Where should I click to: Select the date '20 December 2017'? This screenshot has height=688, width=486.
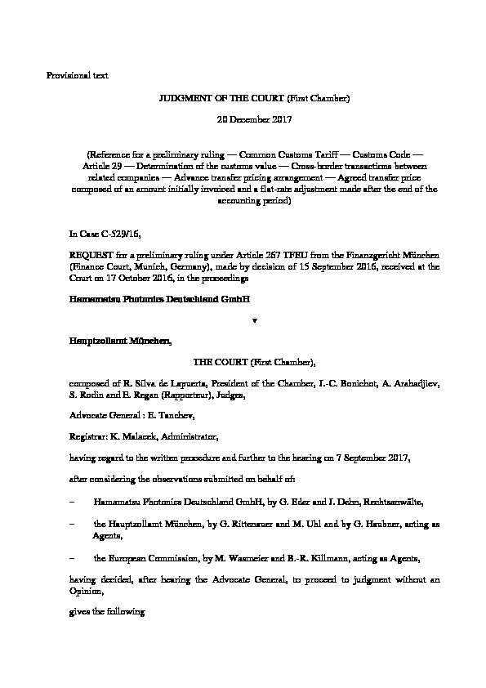tap(243, 119)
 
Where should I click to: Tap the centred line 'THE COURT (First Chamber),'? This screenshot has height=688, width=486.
tap(243, 360)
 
